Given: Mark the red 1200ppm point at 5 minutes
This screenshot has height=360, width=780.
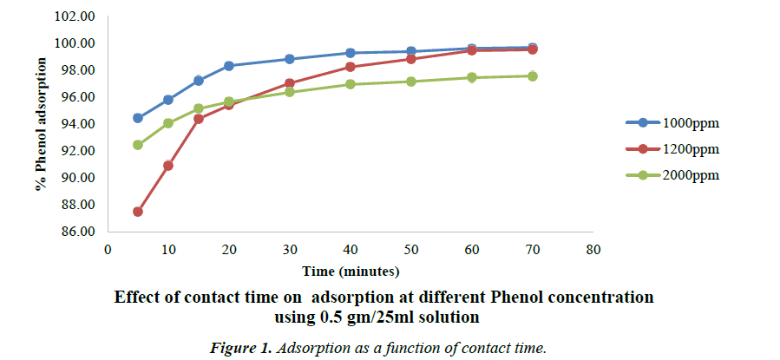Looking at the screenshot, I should tap(138, 212).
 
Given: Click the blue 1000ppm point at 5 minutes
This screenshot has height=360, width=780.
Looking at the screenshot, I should tap(138, 118).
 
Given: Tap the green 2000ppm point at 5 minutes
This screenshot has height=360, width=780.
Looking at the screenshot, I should tap(138, 145).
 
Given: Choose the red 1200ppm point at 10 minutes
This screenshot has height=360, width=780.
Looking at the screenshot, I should tap(168, 166).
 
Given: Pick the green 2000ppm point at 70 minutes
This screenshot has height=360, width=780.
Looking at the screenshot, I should tap(533, 76).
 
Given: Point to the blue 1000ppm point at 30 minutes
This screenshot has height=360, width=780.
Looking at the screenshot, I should tap(290, 59).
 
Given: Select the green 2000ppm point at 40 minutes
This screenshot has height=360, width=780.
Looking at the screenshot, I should tap(351, 84).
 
